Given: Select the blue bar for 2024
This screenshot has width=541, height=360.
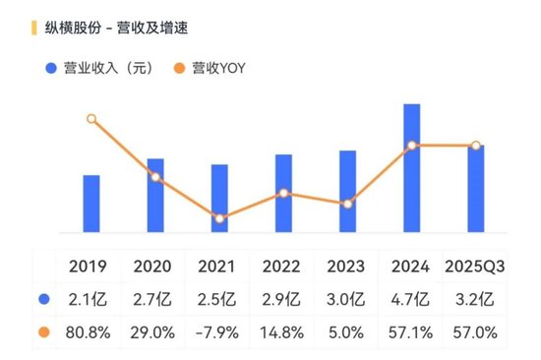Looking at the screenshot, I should (x=413, y=168).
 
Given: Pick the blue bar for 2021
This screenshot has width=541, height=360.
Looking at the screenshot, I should (x=219, y=198).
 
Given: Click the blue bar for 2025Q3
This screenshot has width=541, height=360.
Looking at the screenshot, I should (x=476, y=188).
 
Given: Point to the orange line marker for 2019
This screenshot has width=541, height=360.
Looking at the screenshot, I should (x=91, y=119).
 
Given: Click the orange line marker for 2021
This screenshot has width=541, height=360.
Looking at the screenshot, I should (x=219, y=218).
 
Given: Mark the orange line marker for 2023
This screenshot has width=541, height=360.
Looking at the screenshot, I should (x=347, y=204).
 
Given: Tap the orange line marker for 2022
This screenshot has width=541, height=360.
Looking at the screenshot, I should (x=283, y=193).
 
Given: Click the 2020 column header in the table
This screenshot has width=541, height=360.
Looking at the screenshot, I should (x=153, y=267).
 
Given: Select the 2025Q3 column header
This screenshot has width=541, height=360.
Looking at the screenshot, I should (x=476, y=267).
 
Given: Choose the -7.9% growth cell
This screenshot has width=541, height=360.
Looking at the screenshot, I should (x=218, y=332).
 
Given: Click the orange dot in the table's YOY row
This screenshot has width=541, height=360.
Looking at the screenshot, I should (x=44, y=332).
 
